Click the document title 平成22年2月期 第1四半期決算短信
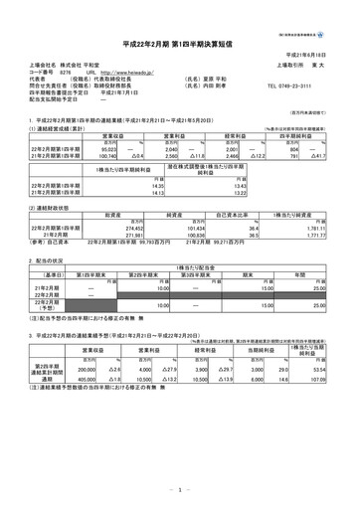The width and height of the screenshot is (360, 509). pos(180,44)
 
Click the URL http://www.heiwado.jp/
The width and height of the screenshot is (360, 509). pos(134,73)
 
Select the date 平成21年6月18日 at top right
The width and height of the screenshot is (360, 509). pos(318,57)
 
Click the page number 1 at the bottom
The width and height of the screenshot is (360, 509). pos(179,489)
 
